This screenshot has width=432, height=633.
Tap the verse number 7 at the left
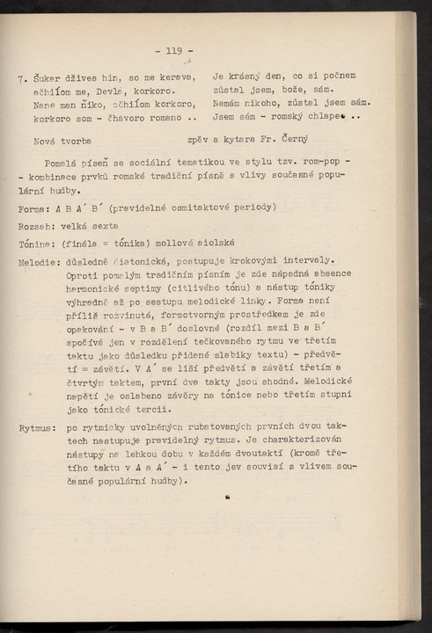pyautogui.click(x=20, y=76)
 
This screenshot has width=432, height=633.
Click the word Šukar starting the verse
pyautogui.click(x=45, y=76)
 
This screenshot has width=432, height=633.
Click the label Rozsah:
pyautogui.click(x=38, y=226)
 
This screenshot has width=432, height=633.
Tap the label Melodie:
pyautogui.click(x=40, y=261)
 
